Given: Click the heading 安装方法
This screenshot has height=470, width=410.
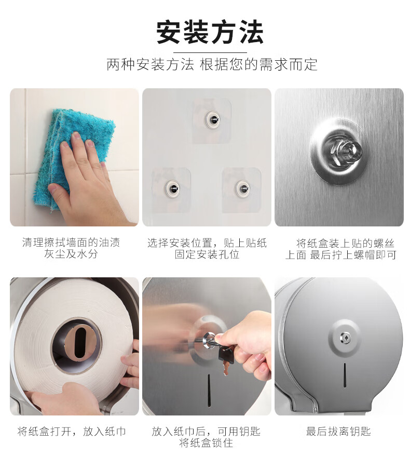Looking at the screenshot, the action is tap(210, 32).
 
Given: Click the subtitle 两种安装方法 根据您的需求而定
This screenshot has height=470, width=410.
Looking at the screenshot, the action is tap(212, 64).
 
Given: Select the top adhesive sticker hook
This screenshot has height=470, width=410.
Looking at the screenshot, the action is tap(212, 119).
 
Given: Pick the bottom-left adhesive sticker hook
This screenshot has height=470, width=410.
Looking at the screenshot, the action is tap(172, 189).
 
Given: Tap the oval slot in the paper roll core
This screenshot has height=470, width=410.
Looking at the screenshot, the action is tap(79, 343).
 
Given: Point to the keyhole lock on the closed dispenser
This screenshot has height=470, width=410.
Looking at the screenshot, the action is tap(345, 338).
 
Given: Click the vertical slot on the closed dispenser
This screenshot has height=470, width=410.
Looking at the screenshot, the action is tap(345, 375).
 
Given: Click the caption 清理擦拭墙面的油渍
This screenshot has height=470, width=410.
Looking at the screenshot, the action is tap(71, 242).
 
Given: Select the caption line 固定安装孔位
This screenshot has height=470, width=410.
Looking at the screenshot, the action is tap(207, 254).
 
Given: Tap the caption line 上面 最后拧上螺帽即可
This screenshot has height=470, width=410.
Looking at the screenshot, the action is tap(341, 255).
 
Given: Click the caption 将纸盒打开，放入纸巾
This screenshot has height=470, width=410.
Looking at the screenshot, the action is tap(72, 432).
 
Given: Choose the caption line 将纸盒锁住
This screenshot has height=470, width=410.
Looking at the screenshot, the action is tap(206, 442).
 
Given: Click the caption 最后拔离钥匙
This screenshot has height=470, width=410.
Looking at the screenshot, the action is tap(338, 432).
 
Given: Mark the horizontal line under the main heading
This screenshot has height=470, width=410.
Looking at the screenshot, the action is tap(210, 52).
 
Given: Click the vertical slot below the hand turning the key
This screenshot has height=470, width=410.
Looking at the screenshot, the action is tap(209, 390).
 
